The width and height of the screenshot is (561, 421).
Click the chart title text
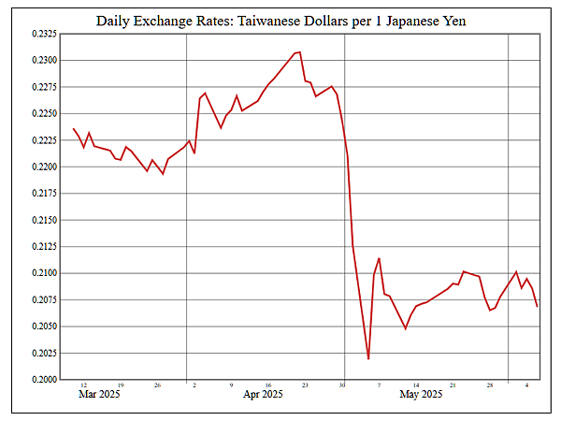(280, 20)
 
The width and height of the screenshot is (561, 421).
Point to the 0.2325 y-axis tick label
(44, 34)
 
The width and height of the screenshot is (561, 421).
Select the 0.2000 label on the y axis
(44, 380)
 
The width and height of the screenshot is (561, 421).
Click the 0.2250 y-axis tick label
(44, 113)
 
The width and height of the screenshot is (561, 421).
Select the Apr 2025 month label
(264, 395)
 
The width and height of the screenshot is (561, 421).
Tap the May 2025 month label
(421, 395)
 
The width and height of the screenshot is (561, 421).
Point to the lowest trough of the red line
(368, 358)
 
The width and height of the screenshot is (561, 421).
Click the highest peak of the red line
(299, 52)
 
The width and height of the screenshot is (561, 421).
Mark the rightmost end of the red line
(537, 306)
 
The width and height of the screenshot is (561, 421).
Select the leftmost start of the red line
(73, 128)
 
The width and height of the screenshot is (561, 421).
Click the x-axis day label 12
(84, 385)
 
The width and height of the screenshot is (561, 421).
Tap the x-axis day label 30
(342, 385)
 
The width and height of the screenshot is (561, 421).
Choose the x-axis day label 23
(305, 385)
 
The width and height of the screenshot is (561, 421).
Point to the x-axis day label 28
(490, 385)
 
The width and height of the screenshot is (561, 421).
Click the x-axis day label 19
(121, 385)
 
